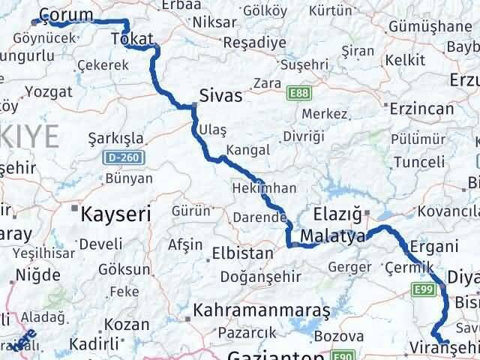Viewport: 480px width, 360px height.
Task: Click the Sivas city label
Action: pos(221,96)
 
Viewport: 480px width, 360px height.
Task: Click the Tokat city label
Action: pos(132,39)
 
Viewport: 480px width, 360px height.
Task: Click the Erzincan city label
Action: pos(421,109)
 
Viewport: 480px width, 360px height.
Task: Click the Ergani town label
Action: pos(433,247)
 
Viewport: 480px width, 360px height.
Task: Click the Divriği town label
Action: pos(304,136)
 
